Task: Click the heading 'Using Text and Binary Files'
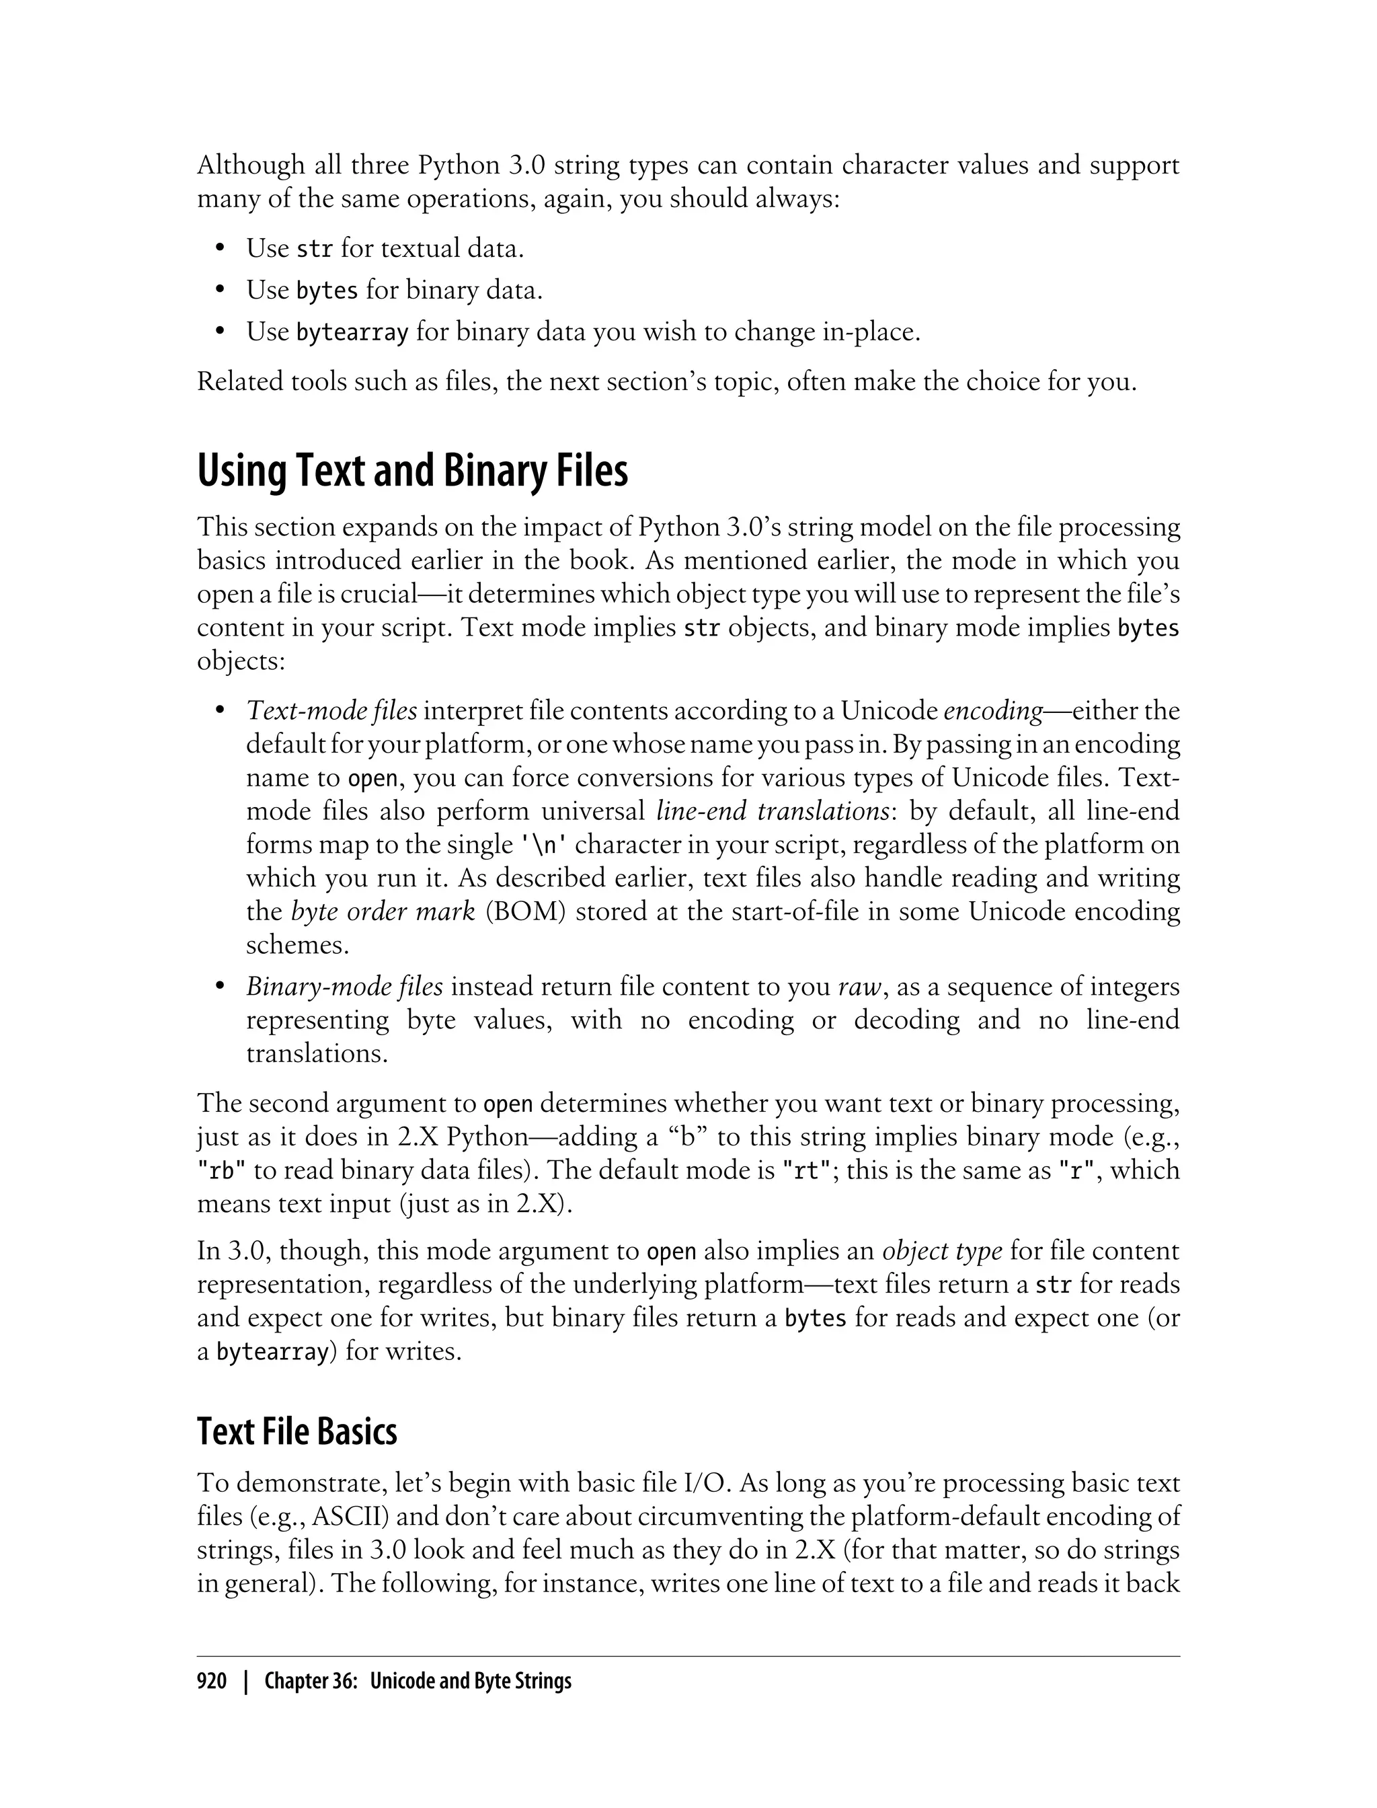pos(412,472)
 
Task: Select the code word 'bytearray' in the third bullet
pos(352,332)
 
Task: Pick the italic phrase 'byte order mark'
pos(383,912)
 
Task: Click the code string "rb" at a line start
pos(222,1171)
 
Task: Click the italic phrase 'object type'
pos(942,1251)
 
